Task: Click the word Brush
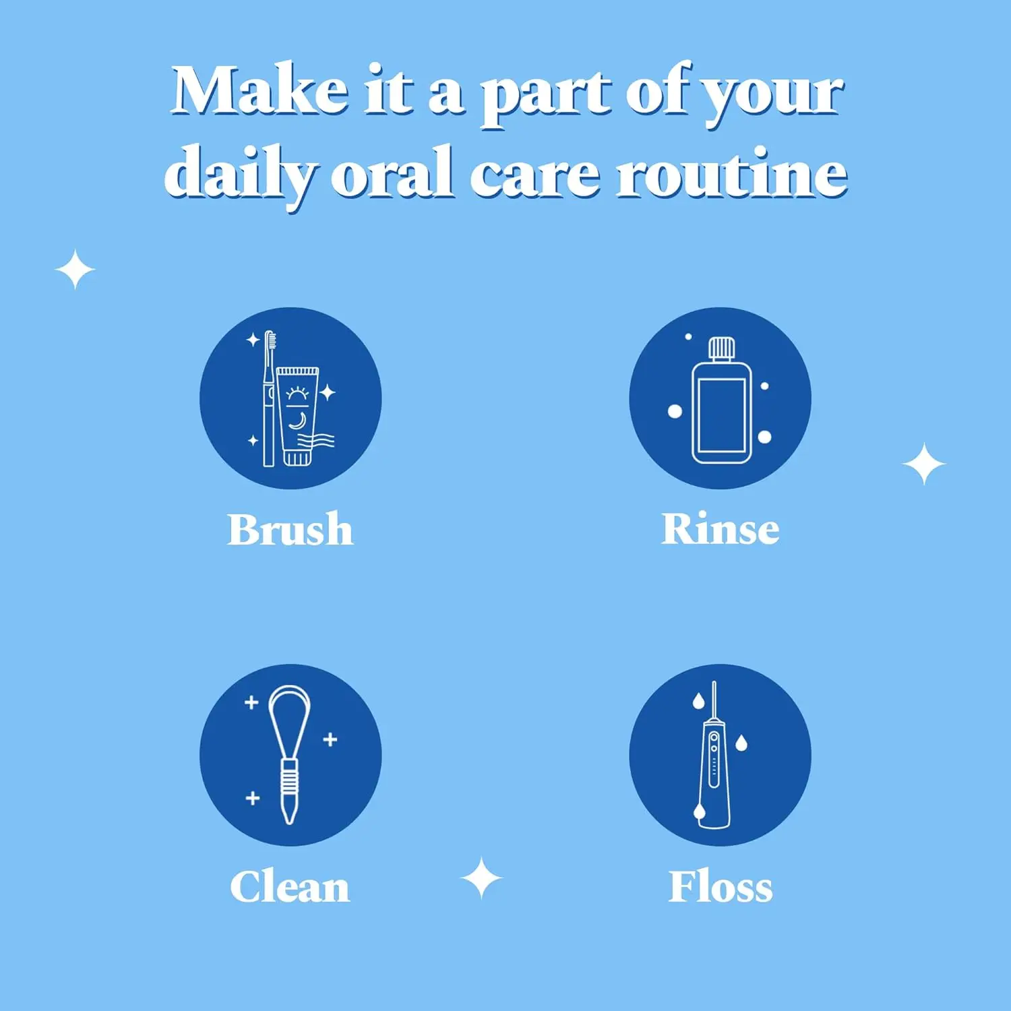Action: click(x=290, y=530)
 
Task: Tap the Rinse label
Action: click(x=720, y=530)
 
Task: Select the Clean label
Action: click(x=290, y=887)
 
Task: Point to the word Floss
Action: click(x=720, y=887)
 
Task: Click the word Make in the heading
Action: click(x=259, y=91)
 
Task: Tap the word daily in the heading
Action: click(x=239, y=174)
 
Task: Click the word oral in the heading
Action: click(x=391, y=174)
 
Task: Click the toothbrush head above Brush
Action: click(x=270, y=340)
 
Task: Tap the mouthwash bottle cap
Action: click(x=721, y=348)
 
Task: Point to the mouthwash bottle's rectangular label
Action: click(x=721, y=415)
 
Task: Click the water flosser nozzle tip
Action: click(x=714, y=687)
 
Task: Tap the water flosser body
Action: click(x=714, y=775)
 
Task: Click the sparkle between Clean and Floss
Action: click(x=481, y=878)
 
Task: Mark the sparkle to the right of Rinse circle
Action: click(x=923, y=464)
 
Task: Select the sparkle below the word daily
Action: click(x=75, y=270)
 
